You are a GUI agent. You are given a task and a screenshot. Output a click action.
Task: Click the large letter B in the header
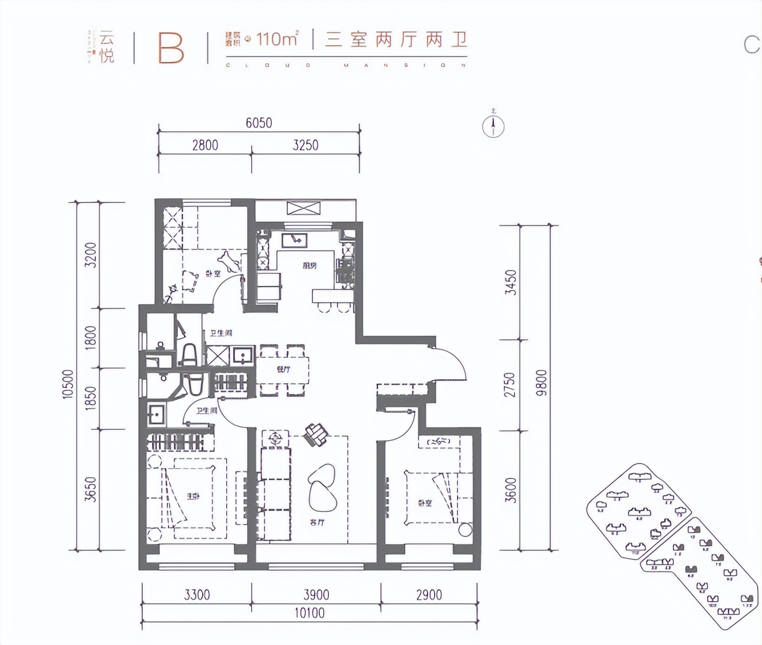(171, 48)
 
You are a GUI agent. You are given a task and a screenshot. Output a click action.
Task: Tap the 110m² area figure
(276, 39)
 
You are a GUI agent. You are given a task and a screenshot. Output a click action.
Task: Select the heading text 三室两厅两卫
(396, 39)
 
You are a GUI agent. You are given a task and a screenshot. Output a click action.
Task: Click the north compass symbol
(493, 126)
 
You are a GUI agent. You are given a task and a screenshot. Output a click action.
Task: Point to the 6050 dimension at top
(259, 123)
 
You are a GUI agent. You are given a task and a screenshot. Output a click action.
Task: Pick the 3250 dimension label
(305, 145)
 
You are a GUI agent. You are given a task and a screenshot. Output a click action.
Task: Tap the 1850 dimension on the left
(91, 398)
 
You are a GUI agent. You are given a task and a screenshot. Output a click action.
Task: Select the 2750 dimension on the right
(510, 385)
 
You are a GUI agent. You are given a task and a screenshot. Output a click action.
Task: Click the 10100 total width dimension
(310, 613)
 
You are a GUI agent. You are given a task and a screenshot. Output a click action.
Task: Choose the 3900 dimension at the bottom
(316, 595)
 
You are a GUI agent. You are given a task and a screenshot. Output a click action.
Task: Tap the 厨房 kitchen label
(310, 265)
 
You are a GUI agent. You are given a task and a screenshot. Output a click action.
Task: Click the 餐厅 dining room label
(283, 369)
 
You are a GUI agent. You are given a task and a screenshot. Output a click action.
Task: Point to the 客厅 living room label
(317, 522)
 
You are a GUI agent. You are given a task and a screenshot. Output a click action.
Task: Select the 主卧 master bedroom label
(193, 496)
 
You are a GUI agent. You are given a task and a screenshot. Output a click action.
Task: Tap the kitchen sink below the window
(295, 240)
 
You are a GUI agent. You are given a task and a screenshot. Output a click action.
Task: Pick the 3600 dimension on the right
(511, 490)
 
